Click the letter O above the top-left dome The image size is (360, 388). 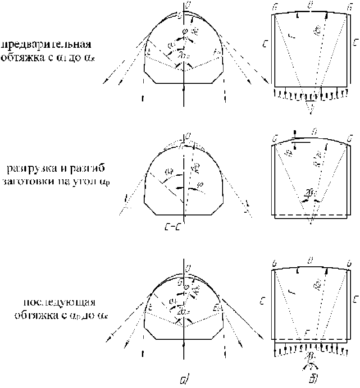(x=184, y=4)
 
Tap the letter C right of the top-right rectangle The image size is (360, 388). (x=356, y=44)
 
